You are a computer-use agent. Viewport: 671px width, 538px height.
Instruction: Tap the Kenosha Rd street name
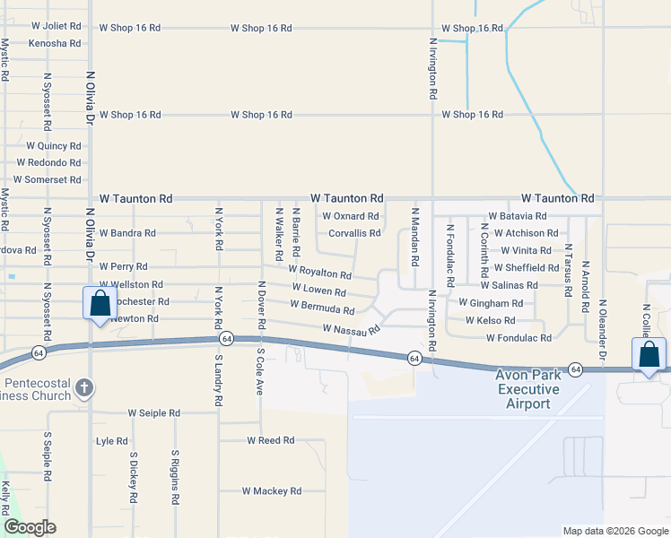[55, 43]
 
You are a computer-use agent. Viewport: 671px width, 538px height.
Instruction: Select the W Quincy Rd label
[54, 145]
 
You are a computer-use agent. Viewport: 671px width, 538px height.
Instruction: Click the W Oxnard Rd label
[350, 216]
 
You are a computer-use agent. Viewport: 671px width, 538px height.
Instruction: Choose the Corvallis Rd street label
[354, 233]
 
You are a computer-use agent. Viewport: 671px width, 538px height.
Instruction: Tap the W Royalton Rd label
[319, 270]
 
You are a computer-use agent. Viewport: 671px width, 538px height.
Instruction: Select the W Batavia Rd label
[518, 216]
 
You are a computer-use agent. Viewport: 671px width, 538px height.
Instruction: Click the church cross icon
[84, 388]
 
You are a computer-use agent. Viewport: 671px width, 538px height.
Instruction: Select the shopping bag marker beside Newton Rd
[100, 303]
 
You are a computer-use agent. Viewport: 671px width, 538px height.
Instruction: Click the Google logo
[30, 527]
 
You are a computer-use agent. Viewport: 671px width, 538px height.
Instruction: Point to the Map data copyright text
[614, 531]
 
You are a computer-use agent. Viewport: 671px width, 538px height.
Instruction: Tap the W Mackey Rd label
[271, 491]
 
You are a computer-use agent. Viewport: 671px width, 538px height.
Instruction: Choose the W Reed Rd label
[271, 440]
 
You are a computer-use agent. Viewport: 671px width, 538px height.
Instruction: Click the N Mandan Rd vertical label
[414, 238]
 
